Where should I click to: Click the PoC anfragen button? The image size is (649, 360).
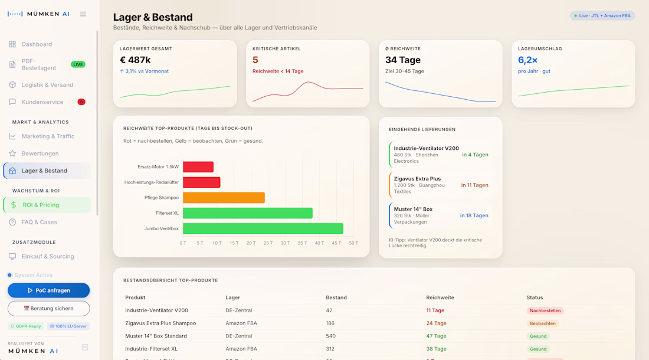coord(48,290)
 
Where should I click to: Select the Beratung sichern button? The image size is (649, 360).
coord(48,308)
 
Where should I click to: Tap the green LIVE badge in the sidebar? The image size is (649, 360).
coord(78,64)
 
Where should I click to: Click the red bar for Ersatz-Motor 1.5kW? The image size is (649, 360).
coord(198,167)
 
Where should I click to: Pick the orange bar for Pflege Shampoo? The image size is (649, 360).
coord(224,198)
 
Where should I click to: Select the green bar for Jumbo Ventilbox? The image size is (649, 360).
coord(263,228)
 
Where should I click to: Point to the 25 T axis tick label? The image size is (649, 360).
coord(268,243)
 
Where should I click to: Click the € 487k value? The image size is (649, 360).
coord(135,60)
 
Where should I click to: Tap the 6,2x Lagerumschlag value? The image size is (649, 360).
coord(527,60)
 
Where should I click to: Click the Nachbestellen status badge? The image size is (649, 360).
coord(545,311)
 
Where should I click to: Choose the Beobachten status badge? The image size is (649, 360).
coord(543,323)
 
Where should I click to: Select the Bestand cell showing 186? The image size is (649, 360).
coord(330,323)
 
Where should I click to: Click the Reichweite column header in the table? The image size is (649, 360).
coord(440,297)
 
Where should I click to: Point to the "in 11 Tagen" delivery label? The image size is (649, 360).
coord(475,185)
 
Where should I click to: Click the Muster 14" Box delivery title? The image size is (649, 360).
coord(413,209)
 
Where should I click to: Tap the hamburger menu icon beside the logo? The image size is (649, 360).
coord(83,14)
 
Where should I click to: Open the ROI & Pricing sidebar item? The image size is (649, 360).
coord(47,205)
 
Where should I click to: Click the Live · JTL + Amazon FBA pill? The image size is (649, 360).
coord(602,16)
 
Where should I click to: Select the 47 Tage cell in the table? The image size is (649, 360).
coord(436,336)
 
